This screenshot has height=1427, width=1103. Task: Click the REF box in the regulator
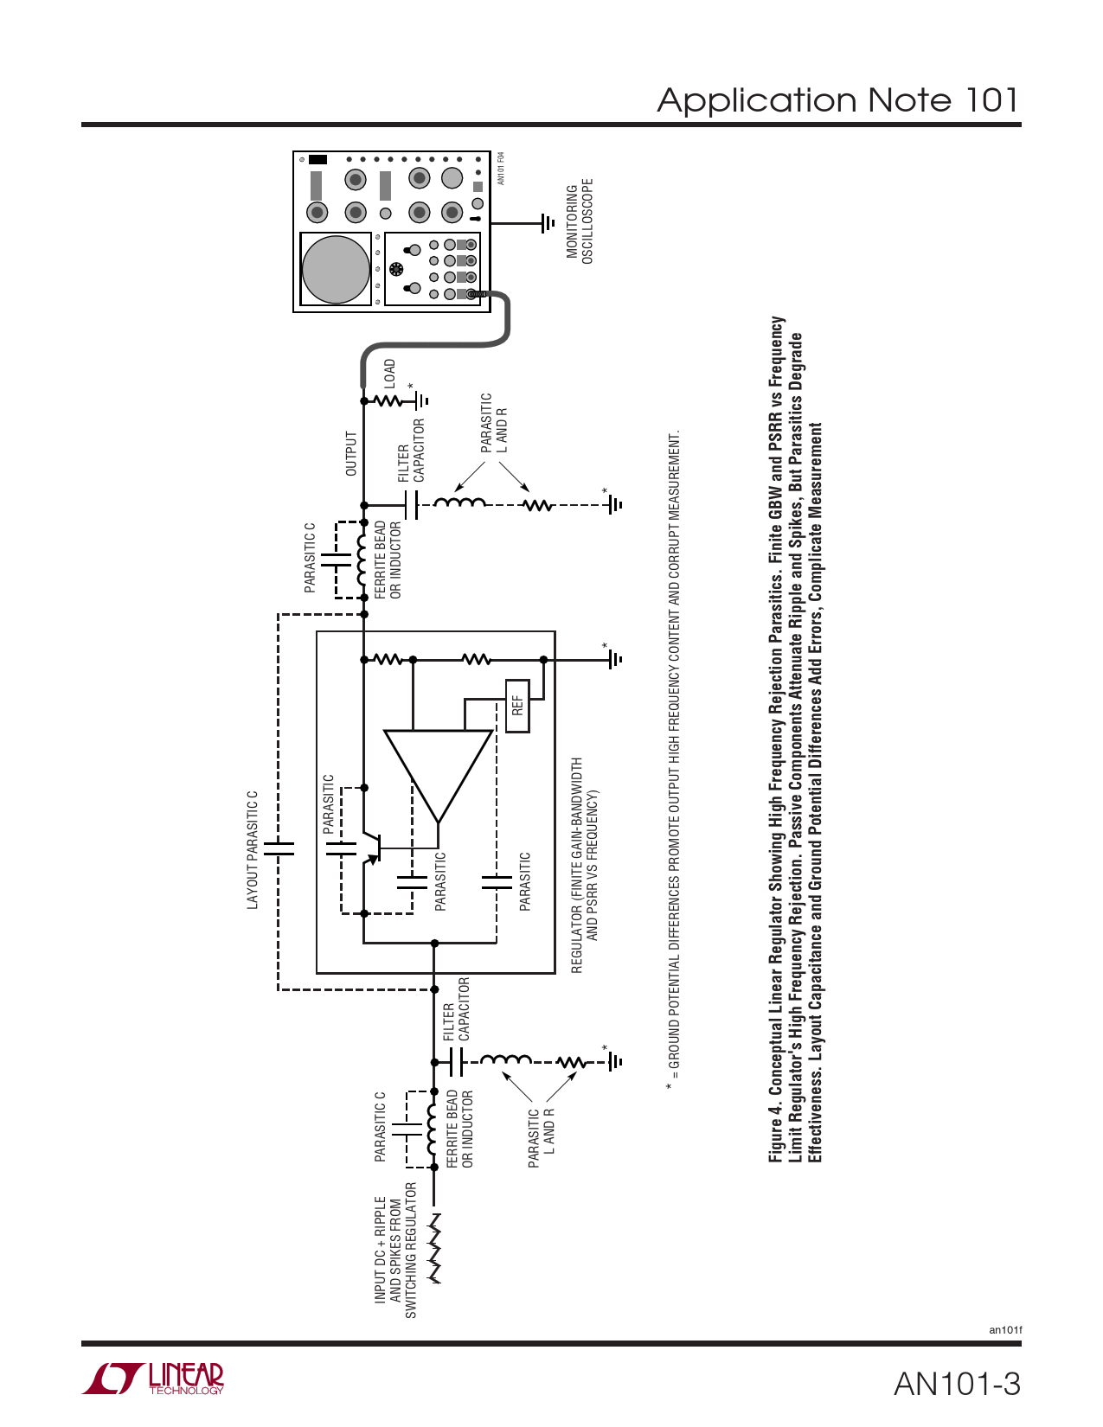[517, 706]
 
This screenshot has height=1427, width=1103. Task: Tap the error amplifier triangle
[439, 775]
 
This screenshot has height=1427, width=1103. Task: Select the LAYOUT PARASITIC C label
[253, 849]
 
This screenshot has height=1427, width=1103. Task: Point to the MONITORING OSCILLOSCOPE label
[580, 221]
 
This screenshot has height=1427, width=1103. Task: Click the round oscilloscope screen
[336, 269]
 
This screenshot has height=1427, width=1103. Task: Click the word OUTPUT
[351, 453]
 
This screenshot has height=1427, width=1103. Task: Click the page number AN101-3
[957, 1384]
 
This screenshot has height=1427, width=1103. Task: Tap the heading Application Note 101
[838, 99]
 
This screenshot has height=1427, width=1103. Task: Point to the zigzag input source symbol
[434, 1248]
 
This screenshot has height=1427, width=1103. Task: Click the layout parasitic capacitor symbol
[279, 849]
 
